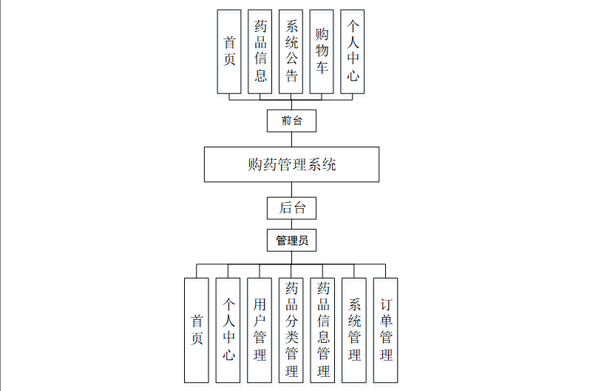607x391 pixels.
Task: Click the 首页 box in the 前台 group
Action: (229, 51)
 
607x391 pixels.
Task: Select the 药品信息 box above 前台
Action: (260, 51)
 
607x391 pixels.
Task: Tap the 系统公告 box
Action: (291, 51)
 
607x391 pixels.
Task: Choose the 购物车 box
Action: (322, 51)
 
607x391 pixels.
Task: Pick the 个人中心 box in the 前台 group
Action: (353, 51)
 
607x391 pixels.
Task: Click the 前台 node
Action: (291, 120)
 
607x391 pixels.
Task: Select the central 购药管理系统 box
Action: (291, 164)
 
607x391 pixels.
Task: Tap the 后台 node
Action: (291, 208)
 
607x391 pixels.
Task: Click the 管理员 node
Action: (291, 240)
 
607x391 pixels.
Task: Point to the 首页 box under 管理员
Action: (197, 330)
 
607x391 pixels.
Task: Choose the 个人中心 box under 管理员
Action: (228, 330)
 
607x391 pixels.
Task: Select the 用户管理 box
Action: (260, 330)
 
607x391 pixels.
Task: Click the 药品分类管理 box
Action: (291, 330)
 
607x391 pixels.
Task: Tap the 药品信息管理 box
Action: (323, 330)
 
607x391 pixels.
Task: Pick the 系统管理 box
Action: (354, 330)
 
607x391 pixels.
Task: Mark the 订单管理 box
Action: (386, 330)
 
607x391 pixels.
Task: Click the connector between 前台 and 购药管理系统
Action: (291, 139)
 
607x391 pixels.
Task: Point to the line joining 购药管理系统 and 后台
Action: (291, 190)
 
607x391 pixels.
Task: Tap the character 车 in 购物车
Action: (322, 68)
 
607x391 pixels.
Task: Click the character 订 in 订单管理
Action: (386, 305)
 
